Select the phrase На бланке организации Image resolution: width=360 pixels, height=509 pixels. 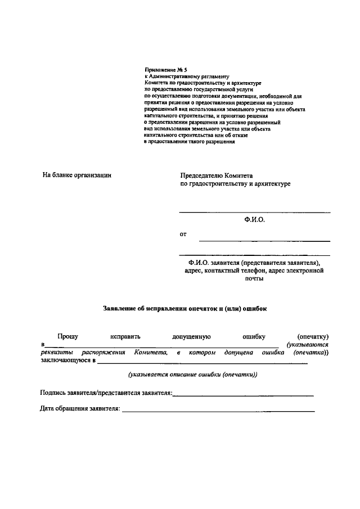(x=77, y=175)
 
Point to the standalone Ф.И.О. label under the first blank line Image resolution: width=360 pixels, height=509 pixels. (x=254, y=220)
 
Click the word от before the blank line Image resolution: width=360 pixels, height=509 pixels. (x=183, y=233)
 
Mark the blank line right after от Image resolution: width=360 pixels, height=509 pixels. (x=264, y=240)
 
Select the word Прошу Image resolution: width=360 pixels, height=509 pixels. (x=67, y=336)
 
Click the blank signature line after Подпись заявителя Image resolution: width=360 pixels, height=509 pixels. (x=243, y=395)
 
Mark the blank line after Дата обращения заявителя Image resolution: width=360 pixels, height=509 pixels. (x=218, y=411)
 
